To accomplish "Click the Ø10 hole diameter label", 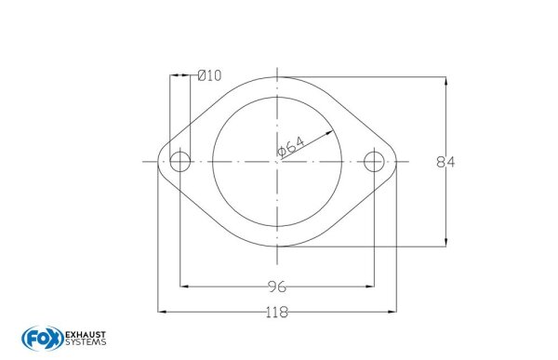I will pos(209,76).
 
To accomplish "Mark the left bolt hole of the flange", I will pos(179,162).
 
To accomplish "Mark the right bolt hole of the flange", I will pos(374,162).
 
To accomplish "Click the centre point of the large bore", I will pos(276,162).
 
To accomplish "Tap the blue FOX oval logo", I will pos(37,337).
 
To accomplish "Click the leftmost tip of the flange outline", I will pos(157,162).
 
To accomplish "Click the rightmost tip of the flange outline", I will pos(397,162).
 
